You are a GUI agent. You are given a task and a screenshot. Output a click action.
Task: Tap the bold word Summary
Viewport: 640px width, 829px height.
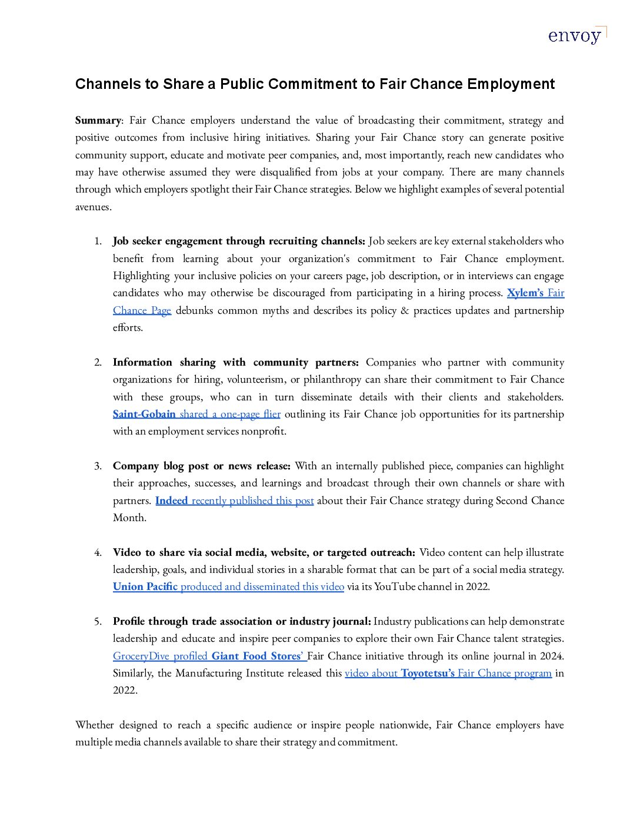click(x=98, y=120)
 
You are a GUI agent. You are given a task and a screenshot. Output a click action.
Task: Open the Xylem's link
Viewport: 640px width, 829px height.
click(x=525, y=293)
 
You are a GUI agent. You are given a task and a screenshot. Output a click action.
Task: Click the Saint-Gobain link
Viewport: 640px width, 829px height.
click(x=144, y=414)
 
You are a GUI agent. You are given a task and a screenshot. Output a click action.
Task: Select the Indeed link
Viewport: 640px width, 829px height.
click(x=171, y=500)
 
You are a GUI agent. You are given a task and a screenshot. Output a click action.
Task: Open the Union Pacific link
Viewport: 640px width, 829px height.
click(x=145, y=586)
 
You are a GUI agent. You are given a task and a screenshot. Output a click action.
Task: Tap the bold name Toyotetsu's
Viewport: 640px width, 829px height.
click(x=428, y=673)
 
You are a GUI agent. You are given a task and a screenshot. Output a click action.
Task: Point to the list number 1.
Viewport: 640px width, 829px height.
click(x=98, y=241)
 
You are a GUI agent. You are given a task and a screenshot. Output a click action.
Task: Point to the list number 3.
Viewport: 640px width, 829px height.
click(x=98, y=466)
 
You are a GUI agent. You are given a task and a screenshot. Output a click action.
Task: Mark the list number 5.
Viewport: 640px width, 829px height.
click(x=98, y=622)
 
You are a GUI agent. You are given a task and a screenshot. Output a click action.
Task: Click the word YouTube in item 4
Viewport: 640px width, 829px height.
click(x=395, y=586)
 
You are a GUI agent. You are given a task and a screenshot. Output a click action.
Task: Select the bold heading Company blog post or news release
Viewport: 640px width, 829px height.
click(x=201, y=466)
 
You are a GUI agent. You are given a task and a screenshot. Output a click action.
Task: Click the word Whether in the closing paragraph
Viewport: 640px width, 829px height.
click(x=95, y=725)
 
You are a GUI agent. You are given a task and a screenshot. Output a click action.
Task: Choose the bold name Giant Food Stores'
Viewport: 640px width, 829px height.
click(x=257, y=656)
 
